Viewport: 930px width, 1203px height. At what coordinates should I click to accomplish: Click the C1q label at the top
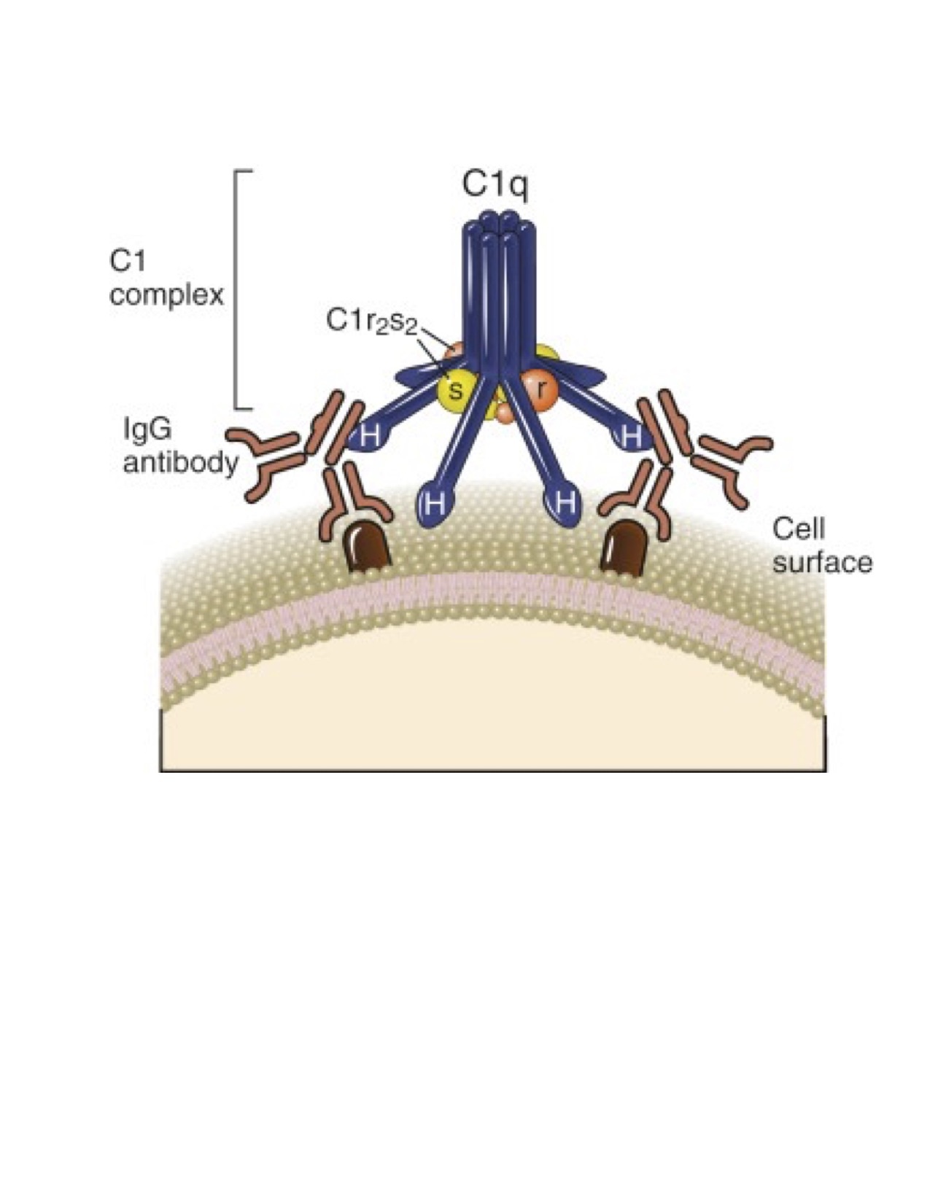click(x=495, y=185)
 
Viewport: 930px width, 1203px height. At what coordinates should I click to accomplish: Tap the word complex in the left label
click(x=166, y=296)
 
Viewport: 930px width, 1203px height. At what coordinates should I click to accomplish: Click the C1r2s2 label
click(x=371, y=322)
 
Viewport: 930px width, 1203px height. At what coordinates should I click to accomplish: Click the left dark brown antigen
click(x=368, y=547)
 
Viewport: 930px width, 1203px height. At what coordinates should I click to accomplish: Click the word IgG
click(x=147, y=429)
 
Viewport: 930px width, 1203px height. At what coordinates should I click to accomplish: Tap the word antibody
click(x=180, y=464)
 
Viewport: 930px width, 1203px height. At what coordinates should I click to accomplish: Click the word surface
click(x=822, y=563)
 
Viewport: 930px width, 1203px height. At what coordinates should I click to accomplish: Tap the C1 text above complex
click(x=128, y=260)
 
